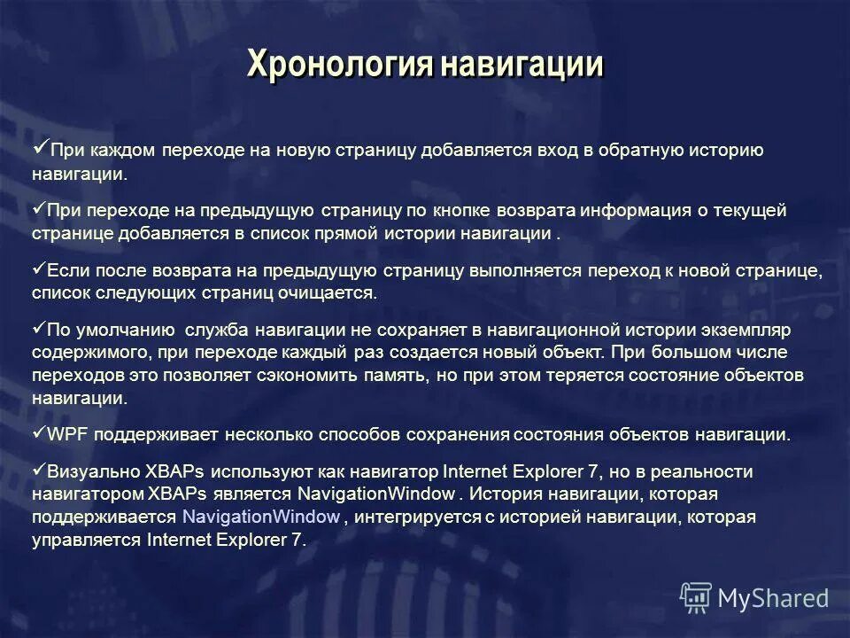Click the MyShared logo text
(x=773, y=598)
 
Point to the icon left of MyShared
(x=696, y=598)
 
